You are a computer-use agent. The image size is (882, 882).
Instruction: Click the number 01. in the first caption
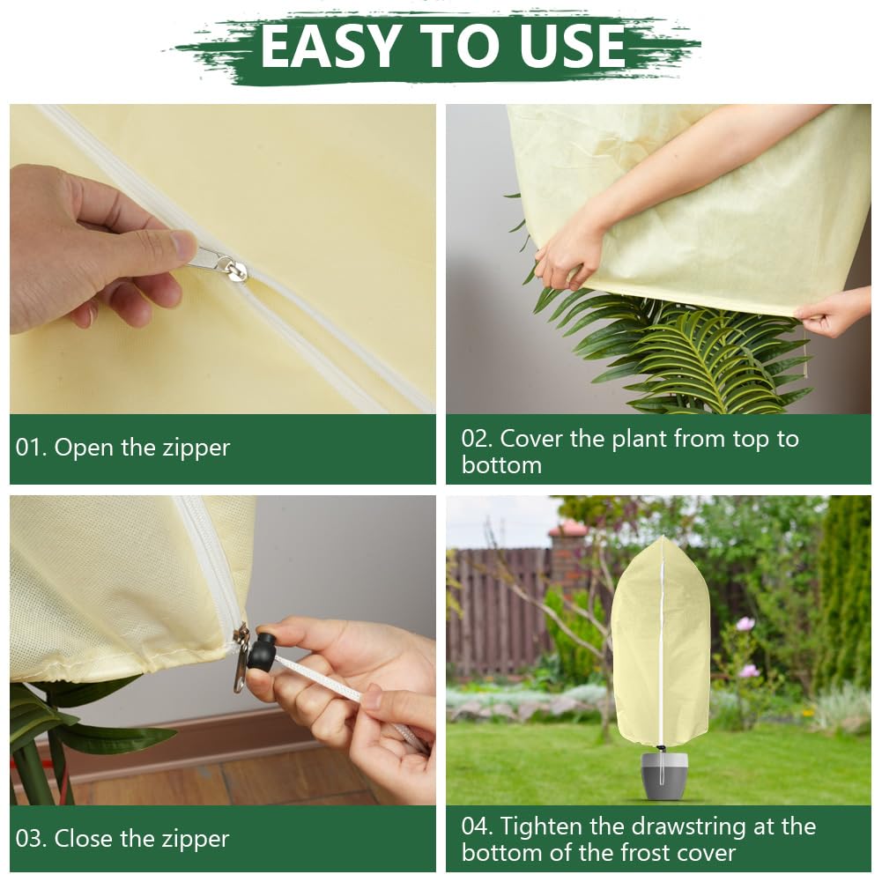pyautogui.click(x=32, y=448)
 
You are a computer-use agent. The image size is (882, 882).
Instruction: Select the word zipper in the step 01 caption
pyautogui.click(x=196, y=448)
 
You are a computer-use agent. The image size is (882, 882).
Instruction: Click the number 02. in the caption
pyautogui.click(x=477, y=439)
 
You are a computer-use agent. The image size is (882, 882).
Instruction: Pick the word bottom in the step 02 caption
pyautogui.click(x=501, y=465)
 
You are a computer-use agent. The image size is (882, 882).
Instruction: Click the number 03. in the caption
pyautogui.click(x=32, y=839)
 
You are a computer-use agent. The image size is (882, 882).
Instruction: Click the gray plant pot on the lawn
pyautogui.click(x=664, y=774)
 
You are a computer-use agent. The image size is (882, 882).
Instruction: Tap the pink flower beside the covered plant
pyautogui.click(x=745, y=623)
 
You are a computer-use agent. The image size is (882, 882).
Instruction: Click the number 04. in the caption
pyautogui.click(x=478, y=826)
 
